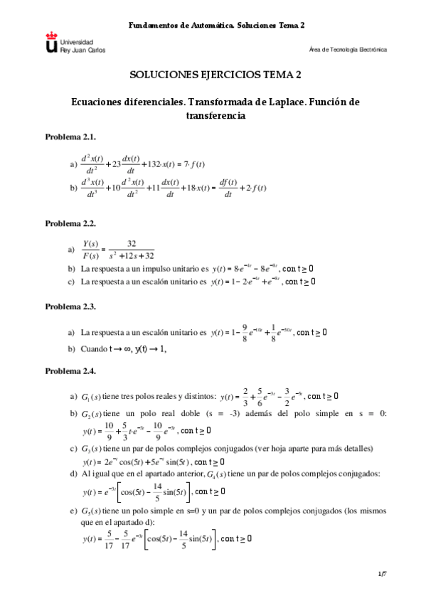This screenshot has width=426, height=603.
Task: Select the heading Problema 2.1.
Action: [x=70, y=136]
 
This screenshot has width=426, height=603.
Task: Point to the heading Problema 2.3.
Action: [x=70, y=306]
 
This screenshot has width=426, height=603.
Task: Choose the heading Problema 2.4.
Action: [x=70, y=371]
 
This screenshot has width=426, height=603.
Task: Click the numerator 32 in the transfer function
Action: [x=131, y=243]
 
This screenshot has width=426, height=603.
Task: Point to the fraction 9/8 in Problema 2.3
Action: [x=244, y=332]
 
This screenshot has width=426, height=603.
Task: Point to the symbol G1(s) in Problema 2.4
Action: [x=92, y=396]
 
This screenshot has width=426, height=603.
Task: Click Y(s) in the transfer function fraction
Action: [x=90, y=243]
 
